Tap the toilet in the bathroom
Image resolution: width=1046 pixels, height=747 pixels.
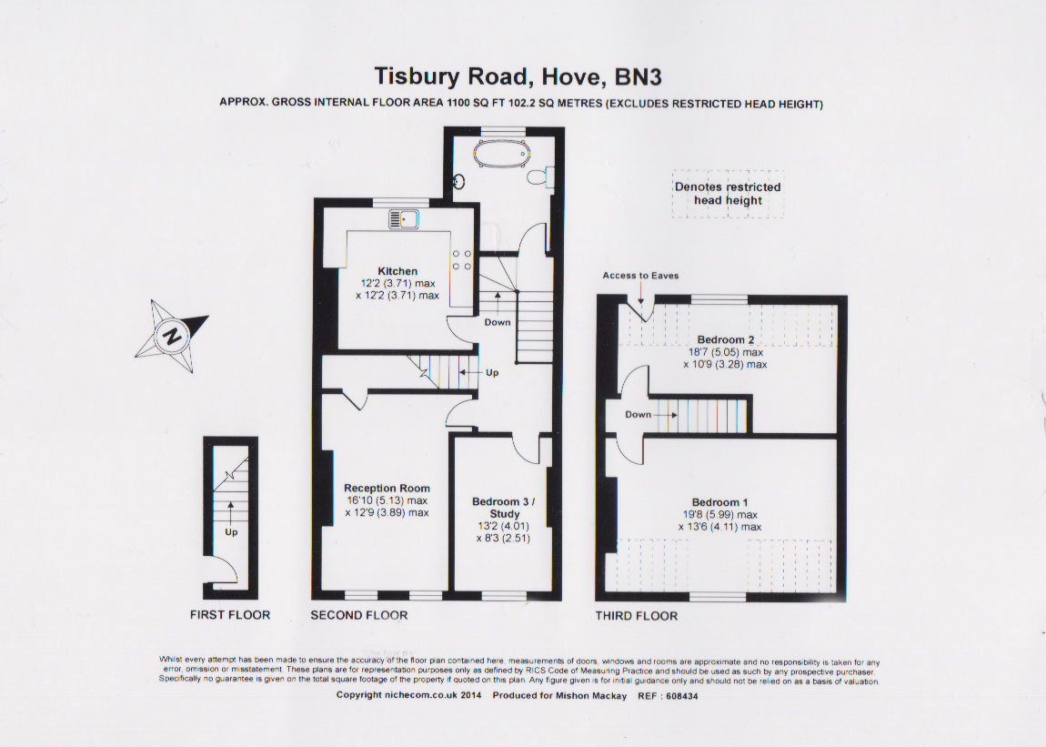[539, 177]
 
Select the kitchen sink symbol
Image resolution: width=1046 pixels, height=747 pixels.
[404, 218]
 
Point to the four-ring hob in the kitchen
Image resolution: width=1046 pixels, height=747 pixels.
[462, 259]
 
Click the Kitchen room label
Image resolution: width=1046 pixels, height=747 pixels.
[397, 271]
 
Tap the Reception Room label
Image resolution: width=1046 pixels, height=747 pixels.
[387, 488]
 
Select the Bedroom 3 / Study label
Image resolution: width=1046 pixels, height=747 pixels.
[504, 508]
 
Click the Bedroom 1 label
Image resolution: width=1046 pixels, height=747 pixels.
[719, 502]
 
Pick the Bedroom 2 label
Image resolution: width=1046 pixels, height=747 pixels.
[726, 339]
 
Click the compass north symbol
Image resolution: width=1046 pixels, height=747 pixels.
[172, 335]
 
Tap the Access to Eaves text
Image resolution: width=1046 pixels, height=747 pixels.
[640, 275]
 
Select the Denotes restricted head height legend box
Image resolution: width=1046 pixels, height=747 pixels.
[728, 194]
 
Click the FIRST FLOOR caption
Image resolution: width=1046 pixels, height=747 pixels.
[230, 615]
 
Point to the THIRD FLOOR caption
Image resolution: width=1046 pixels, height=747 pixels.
[637, 615]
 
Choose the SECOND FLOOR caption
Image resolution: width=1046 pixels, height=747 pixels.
[359, 615]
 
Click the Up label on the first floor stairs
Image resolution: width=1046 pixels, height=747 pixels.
[231, 532]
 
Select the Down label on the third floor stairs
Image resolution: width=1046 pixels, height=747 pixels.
[638, 415]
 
